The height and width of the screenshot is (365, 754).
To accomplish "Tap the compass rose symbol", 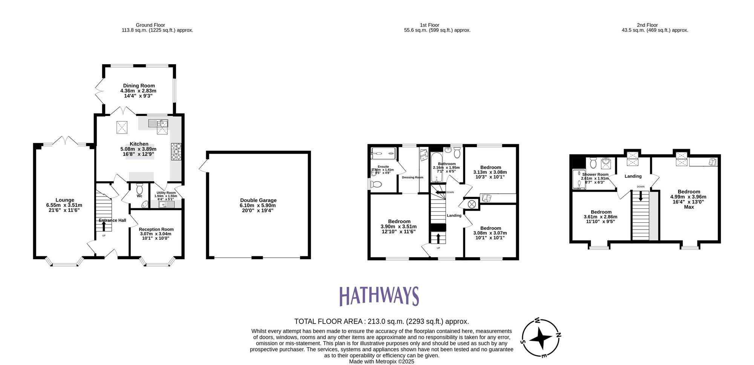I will tap(540, 338).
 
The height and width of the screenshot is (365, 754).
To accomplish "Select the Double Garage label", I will tap(258, 200).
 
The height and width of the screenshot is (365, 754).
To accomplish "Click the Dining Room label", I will tap(139, 86).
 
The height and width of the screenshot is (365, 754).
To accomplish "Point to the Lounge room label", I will tap(65, 200).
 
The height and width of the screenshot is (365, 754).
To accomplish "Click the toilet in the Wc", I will tap(140, 188).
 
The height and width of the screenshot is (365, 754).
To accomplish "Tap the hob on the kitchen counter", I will tap(176, 151).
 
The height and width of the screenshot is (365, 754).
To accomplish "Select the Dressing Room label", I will tap(412, 177).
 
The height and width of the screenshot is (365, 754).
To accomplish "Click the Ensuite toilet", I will tap(375, 185).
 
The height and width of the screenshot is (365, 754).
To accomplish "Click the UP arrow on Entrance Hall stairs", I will tap(104, 226).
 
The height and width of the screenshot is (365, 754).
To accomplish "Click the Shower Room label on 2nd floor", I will tap(595, 174).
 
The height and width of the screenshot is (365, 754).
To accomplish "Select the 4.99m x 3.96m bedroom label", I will tap(688, 197).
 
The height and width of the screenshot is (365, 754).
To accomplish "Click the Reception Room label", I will tap(156, 229).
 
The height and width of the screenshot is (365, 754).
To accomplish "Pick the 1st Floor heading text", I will tap(429, 25).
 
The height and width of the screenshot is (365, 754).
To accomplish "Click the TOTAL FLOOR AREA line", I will tap(382, 322).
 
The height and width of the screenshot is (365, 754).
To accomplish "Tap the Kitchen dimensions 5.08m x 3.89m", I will tap(138, 149).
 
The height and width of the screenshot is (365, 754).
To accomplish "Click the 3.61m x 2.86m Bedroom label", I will tap(601, 217).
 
